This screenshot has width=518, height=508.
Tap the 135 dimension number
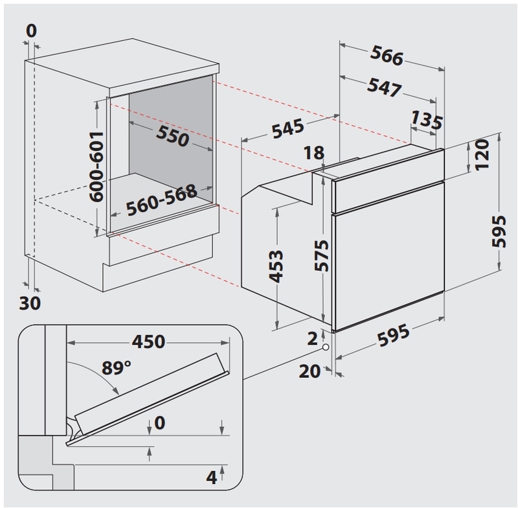click(427, 121)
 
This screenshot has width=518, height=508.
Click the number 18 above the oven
click(313, 154)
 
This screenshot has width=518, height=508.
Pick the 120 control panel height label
click(482, 156)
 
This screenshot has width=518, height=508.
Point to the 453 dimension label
click(276, 266)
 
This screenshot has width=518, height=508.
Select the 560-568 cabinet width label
click(161, 205)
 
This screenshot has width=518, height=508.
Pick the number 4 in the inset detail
click(211, 478)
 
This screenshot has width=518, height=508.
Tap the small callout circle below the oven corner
click(324, 349)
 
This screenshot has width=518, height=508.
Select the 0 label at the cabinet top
click(32, 30)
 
